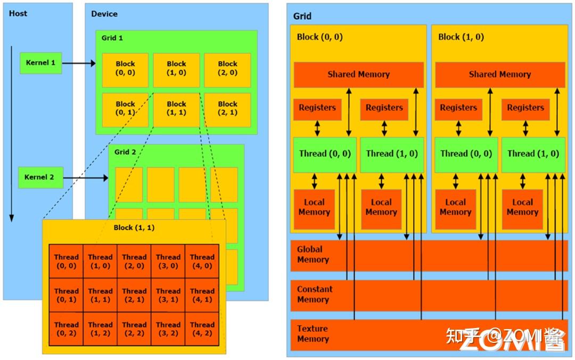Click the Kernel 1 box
coord(40,63)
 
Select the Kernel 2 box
coord(40,177)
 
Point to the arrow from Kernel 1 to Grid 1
coord(79,63)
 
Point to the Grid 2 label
coord(126,152)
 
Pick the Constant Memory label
coord(315,294)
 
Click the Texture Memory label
coord(313,334)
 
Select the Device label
coord(104,13)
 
